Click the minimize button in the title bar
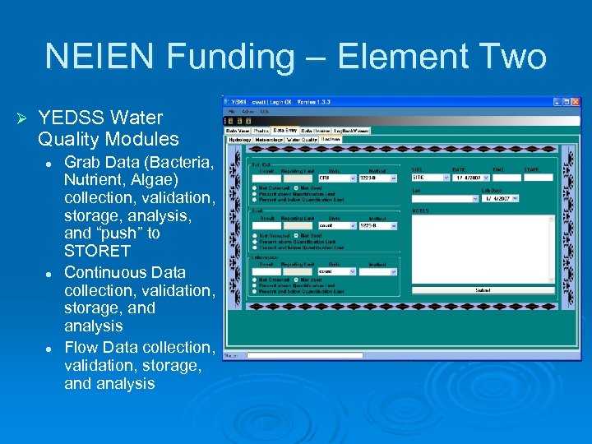(x=557, y=103)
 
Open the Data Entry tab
(x=285, y=130)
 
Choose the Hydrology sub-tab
(x=239, y=140)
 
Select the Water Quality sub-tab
(x=301, y=140)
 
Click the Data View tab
(x=238, y=130)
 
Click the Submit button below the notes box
(x=483, y=289)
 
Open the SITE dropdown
(x=430, y=177)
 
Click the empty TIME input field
(x=506, y=177)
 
